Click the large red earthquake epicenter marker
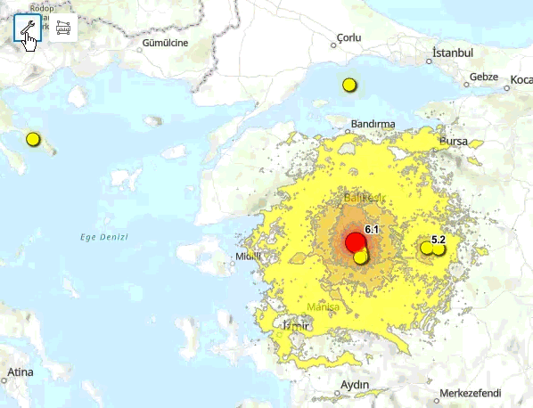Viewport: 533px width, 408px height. [x=355, y=242]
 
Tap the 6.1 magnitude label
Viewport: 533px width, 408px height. [x=373, y=230]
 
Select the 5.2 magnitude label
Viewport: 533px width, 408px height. [x=439, y=240]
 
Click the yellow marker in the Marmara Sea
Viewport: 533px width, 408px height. [x=348, y=86]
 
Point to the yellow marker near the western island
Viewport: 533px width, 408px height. [x=33, y=139]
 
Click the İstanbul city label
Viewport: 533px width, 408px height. [x=452, y=53]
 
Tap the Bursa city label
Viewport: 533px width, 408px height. [x=454, y=141]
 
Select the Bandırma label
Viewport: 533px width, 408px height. [x=373, y=123]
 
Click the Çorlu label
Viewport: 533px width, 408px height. [x=349, y=38]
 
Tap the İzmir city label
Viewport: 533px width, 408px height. [x=295, y=326]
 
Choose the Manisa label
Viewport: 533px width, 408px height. [x=323, y=307]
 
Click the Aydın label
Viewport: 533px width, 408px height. [x=355, y=385]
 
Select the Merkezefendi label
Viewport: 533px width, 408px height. [x=471, y=393]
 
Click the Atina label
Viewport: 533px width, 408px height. [x=20, y=371]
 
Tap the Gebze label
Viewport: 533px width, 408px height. [x=483, y=77]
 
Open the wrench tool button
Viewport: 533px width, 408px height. [x=28, y=29]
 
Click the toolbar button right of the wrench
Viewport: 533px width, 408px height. [x=62, y=29]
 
